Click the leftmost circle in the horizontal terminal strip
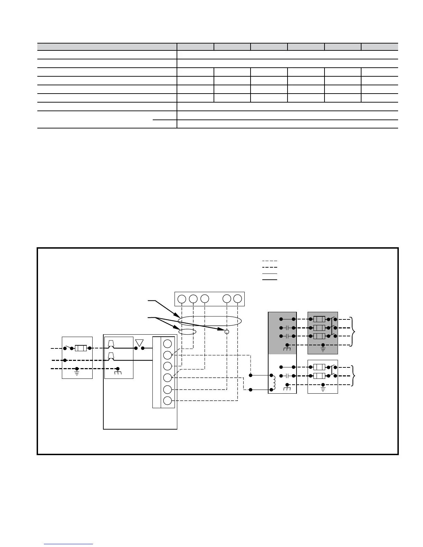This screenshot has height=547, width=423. [182, 299]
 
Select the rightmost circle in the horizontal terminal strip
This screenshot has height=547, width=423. [237, 299]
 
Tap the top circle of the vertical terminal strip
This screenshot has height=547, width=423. [168, 344]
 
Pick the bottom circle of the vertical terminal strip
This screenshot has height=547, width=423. [168, 401]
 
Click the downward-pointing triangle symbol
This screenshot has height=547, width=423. [140, 343]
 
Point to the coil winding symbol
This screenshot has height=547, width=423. [274, 382]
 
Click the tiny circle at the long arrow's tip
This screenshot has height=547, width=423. [227, 332]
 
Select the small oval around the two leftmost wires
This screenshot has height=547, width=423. [187, 332]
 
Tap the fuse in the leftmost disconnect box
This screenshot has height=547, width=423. [81, 348]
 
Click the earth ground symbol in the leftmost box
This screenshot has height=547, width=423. [77, 373]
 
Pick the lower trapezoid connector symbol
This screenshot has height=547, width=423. [111, 356]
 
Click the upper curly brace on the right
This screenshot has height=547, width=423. [353, 332]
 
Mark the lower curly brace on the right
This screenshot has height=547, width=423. [353, 376]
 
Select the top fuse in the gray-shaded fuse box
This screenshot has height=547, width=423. [319, 319]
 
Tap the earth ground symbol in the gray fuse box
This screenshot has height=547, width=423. [323, 349]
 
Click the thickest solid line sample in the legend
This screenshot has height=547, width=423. [270, 279]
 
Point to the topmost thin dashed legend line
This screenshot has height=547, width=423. [270, 261]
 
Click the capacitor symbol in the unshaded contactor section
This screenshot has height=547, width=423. [287, 376]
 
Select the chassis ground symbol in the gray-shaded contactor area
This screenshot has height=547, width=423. [287, 349]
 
